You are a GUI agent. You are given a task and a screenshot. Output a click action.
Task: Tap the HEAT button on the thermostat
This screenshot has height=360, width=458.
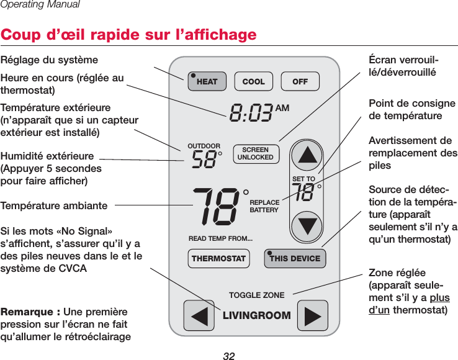tap(205, 81)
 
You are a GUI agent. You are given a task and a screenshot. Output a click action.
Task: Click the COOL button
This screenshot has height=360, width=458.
tap(253, 81)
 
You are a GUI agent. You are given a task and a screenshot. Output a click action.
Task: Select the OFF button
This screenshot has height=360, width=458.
tap(300, 81)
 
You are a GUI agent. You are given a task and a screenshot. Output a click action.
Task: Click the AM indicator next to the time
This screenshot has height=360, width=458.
tap(282, 107)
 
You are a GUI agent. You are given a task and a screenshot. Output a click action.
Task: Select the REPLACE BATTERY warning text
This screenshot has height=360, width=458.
tap(264, 207)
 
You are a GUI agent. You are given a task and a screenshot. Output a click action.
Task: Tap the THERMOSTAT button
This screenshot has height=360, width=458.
tap(218, 258)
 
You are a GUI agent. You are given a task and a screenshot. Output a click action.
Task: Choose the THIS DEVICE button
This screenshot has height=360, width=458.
tap(294, 258)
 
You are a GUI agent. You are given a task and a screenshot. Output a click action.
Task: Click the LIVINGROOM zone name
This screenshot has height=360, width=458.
tap(256, 315)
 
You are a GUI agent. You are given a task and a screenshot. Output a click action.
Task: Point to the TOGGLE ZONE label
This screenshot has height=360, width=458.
tap(256, 295)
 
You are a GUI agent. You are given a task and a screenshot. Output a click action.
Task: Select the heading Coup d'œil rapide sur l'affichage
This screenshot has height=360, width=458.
tap(128, 34)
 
